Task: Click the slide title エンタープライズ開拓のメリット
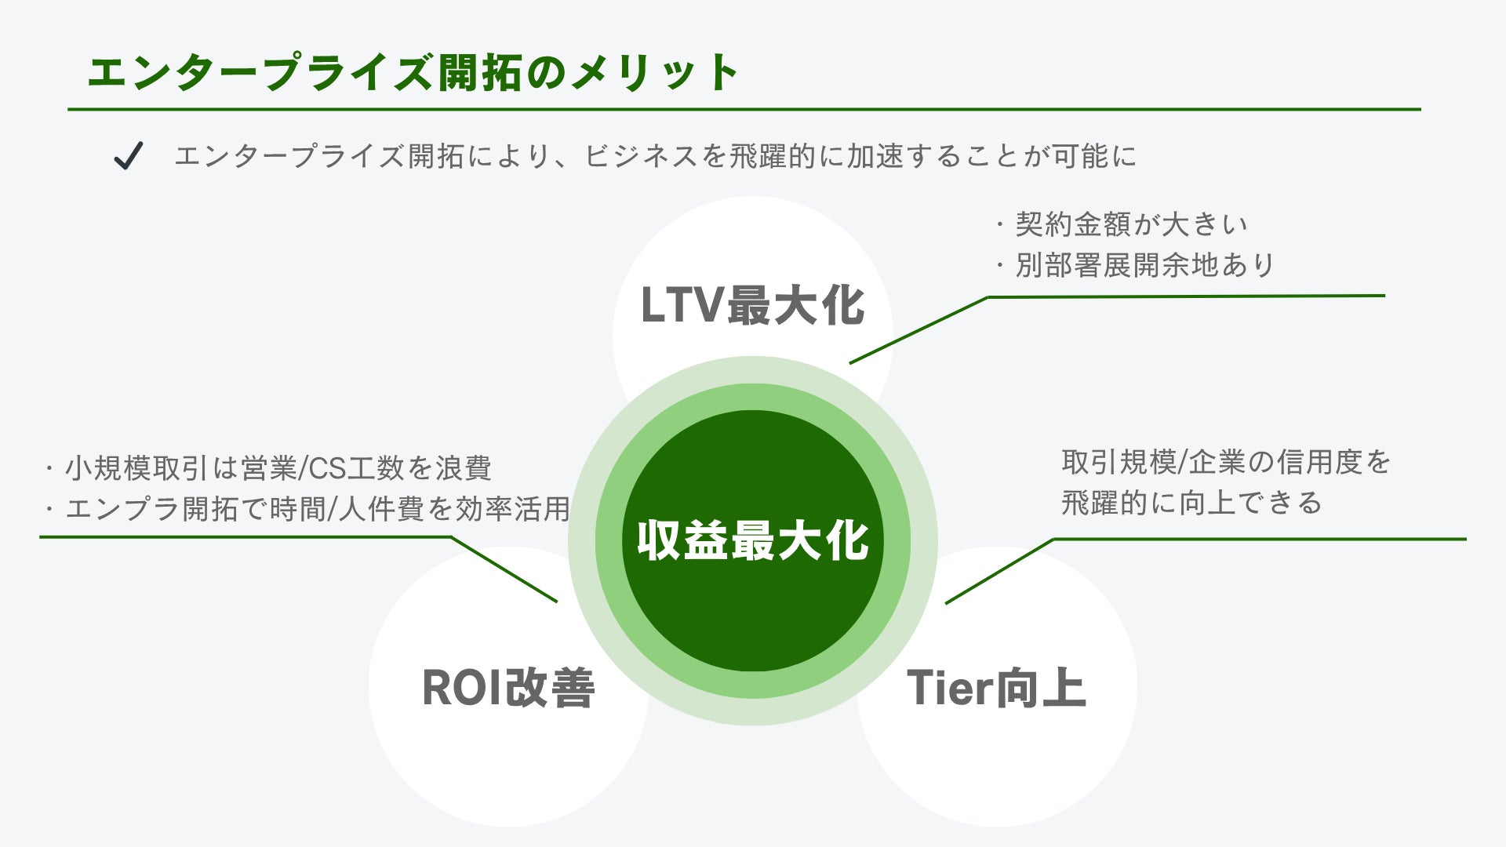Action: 413,73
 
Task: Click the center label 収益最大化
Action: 752,540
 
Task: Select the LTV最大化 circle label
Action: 752,305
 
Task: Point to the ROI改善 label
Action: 508,688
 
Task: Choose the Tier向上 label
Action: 996,688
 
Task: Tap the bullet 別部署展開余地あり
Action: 1145,265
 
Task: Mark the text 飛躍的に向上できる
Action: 1191,503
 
